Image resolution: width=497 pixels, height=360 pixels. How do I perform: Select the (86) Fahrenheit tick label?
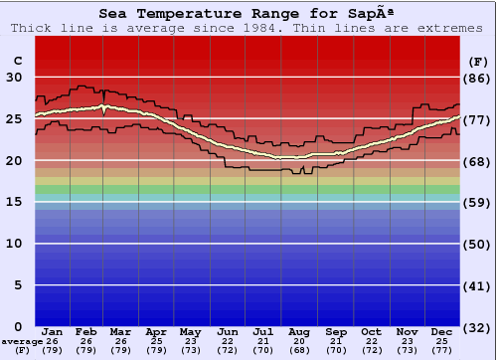coord(477,78)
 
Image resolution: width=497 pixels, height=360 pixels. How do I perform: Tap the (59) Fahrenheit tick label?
coord(477,202)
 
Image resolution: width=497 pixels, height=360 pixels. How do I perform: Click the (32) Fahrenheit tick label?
coord(477,326)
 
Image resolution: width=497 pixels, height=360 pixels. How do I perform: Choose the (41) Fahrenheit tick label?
coord(477,284)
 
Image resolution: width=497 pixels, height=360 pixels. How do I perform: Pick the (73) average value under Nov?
coord(406,350)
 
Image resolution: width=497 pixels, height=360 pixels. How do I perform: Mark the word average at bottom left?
coord(22,341)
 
